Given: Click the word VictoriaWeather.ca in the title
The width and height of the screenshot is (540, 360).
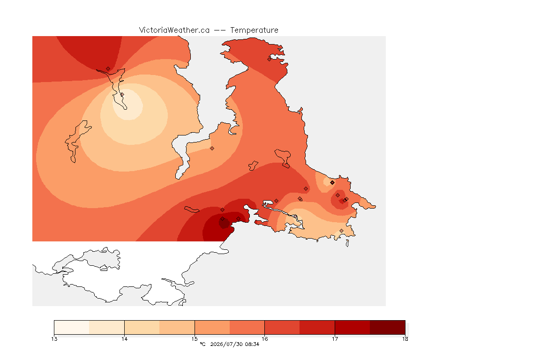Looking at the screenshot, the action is (174, 30).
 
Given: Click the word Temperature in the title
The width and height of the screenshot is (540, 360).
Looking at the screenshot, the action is (254, 30).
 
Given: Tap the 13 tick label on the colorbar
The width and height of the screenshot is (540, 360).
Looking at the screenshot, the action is (54, 339).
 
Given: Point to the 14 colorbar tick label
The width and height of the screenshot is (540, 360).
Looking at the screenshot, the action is (124, 339).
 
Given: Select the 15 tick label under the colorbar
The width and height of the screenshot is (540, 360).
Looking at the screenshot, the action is (195, 339).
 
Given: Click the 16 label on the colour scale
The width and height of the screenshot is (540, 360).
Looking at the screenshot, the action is (264, 339).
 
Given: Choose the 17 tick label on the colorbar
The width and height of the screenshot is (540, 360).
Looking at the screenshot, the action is (335, 339).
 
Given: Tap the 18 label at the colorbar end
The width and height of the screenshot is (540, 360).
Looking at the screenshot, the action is (405, 339).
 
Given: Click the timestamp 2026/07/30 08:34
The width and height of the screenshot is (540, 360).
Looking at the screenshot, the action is (234, 344).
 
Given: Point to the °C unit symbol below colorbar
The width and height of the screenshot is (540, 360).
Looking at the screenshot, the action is (202, 344).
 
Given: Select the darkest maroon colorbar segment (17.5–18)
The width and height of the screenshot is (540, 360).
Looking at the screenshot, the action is (388, 327).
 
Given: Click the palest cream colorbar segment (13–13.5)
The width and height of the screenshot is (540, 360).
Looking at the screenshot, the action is (72, 327).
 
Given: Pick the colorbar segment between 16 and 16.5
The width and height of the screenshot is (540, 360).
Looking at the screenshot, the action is (282, 327).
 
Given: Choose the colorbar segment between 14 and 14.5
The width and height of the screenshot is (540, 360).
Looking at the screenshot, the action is (142, 327).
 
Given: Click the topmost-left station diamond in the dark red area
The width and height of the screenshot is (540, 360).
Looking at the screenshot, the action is (108, 69).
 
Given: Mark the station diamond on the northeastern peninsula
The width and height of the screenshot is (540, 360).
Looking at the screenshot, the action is (270, 59).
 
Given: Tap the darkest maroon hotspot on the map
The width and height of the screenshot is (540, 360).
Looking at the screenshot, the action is (224, 224).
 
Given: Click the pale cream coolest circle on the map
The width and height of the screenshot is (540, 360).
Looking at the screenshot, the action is (128, 105).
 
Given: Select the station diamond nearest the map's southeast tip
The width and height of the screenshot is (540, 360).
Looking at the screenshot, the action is (341, 231).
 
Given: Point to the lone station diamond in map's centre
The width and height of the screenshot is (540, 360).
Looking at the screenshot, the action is (212, 149).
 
